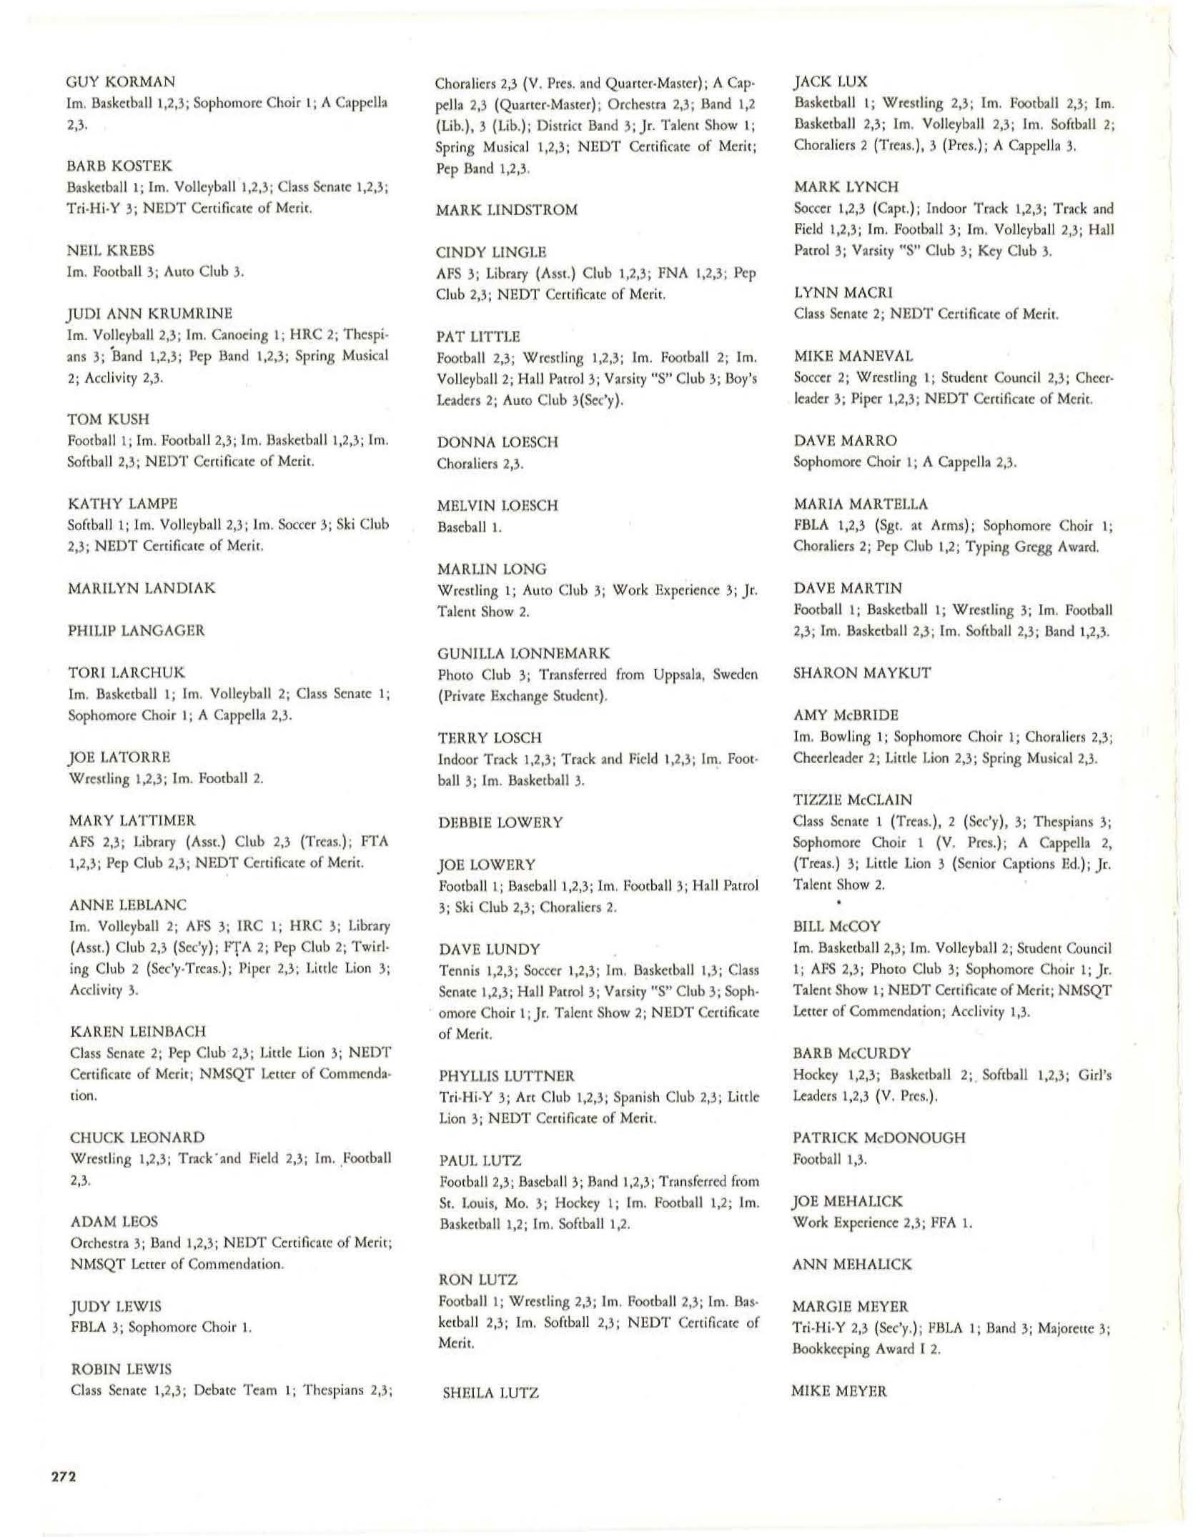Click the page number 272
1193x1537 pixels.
[64, 1477]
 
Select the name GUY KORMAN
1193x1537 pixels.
[121, 81]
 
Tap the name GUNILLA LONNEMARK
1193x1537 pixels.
[523, 653]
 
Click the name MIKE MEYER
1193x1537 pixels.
[839, 1391]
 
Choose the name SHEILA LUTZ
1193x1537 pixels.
[490, 1392]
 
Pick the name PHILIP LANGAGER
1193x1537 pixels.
[136, 630]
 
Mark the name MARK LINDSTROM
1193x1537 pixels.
[507, 210]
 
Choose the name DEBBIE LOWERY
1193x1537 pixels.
[500, 822]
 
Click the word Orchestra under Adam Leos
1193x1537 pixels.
[99, 1243]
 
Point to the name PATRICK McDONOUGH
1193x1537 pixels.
[878, 1138]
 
